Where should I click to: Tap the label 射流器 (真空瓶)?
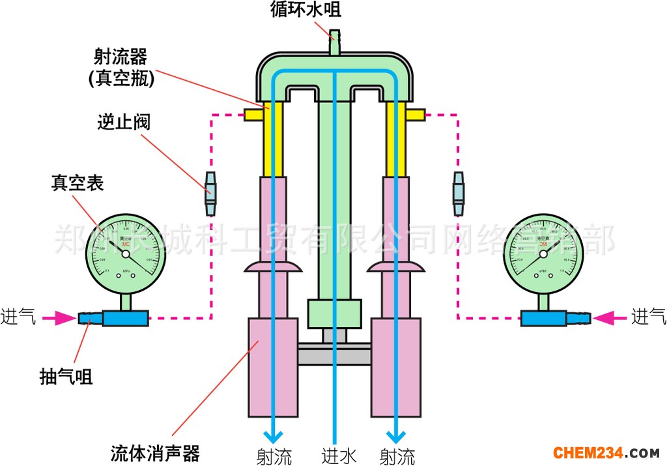tap(122, 68)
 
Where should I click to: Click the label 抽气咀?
tap(66, 376)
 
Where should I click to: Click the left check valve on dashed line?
tap(210, 194)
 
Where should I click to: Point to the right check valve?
tap(459, 194)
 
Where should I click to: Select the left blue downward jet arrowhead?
tap(273, 436)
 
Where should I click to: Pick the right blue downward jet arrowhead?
tap(394, 436)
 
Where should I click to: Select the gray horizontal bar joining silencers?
tap(334, 356)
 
